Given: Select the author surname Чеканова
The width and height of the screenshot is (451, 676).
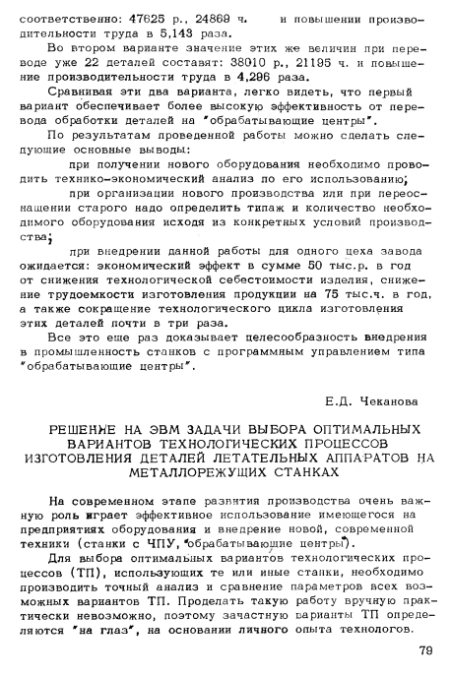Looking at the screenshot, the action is [384, 400].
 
